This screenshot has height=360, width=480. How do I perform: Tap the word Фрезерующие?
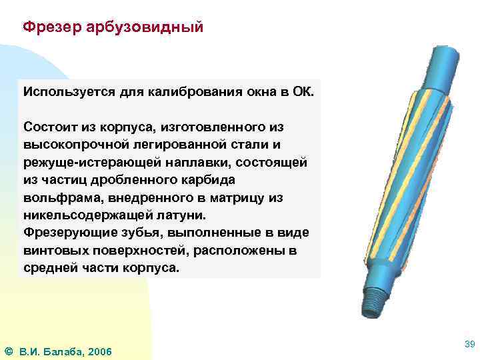pyautogui.click(x=65, y=234)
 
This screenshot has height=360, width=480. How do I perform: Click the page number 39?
pyautogui.click(x=469, y=343)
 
